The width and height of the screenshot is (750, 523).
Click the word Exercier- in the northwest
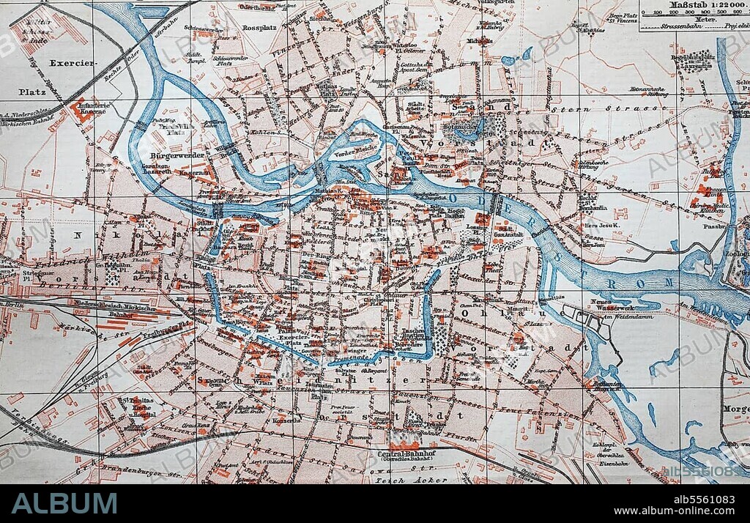73,63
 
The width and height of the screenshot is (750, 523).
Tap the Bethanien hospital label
607,386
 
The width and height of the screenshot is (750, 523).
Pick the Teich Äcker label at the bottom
400,481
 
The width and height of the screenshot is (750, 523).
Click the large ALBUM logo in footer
64,503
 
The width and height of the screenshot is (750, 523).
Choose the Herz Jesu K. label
597,226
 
